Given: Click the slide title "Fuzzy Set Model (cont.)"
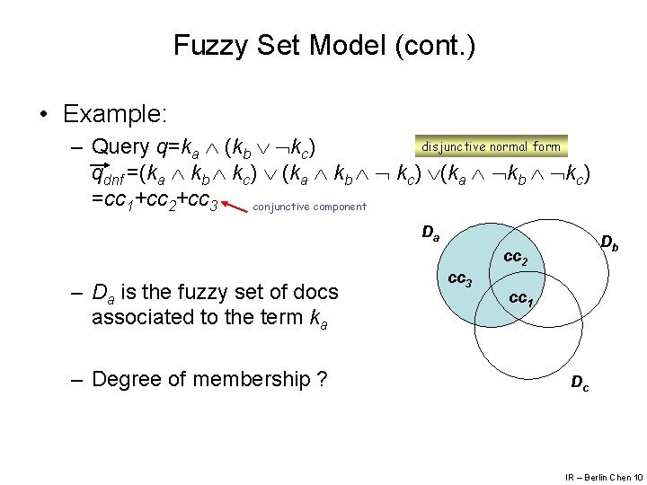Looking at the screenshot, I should [323, 45].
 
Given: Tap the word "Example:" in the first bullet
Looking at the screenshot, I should [115, 114].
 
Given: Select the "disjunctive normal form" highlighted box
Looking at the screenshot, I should [490, 146].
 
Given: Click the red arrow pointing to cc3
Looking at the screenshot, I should [235, 208].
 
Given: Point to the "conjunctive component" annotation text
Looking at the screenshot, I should [310, 207].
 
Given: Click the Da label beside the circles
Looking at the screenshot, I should [430, 234].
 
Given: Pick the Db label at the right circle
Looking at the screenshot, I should [608, 242].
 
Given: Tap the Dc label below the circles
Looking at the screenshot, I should [581, 384].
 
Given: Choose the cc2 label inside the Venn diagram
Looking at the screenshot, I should [515, 260].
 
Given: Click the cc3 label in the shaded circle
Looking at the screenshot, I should [460, 280].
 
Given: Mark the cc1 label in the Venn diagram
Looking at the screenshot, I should [522, 298].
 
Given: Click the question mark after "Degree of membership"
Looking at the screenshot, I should [322, 380].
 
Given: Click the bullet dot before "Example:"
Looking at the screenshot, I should [44, 114].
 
